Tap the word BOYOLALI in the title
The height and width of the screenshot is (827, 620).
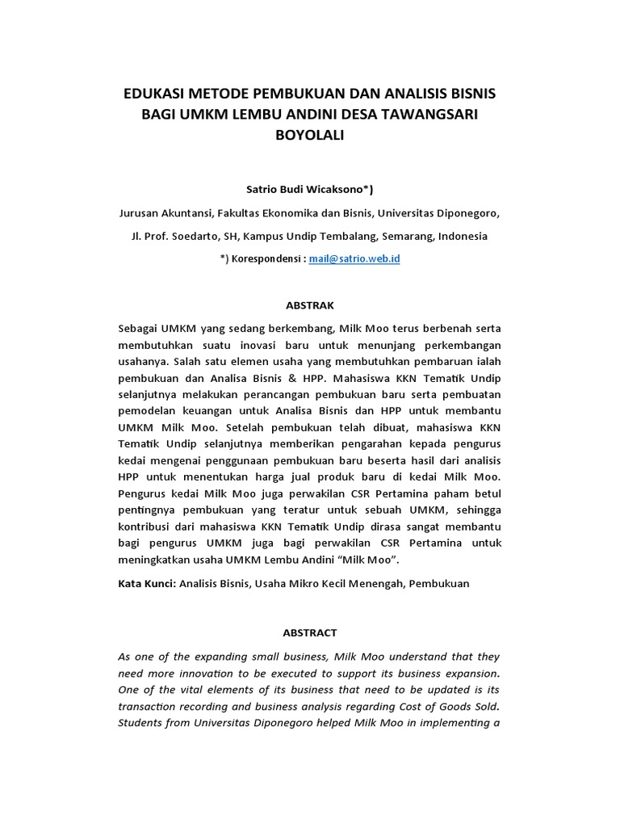click(310, 136)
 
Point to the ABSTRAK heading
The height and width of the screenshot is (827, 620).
click(310, 305)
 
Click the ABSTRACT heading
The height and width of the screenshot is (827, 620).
click(310, 633)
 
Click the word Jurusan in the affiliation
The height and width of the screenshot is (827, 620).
click(138, 213)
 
